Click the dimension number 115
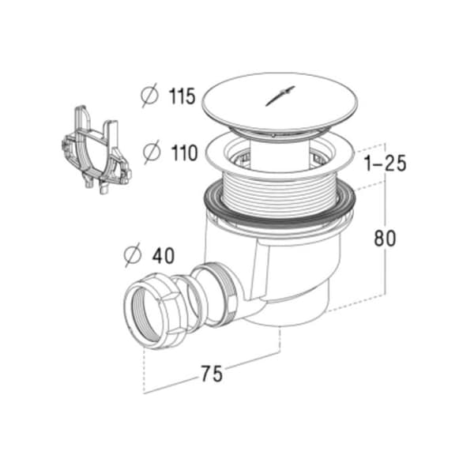pyautogui.click(x=182, y=96)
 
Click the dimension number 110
pyautogui.click(x=184, y=152)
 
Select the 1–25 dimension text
pyautogui.click(x=386, y=164)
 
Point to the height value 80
pyautogui.click(x=385, y=239)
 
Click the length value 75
pyautogui.click(x=212, y=374)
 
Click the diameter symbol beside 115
pyautogui.click(x=149, y=96)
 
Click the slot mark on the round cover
pyautogui.click(x=280, y=96)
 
